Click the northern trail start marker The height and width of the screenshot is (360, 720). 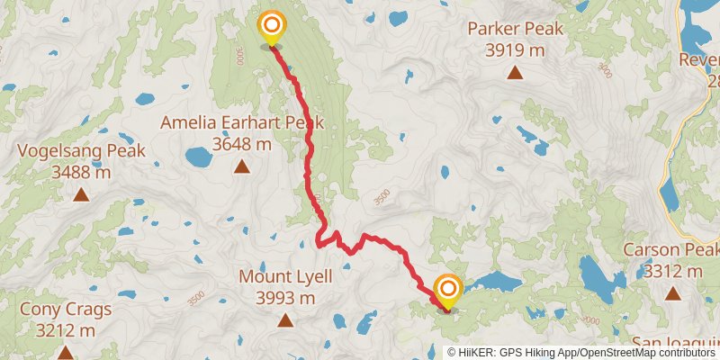click(x=271, y=27)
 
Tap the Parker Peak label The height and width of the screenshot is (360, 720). click(x=515, y=29)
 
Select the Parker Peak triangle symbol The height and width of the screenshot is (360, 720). click(x=515, y=73)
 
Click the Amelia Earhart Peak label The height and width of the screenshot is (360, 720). click(x=241, y=122)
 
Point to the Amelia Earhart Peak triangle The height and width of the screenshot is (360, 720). click(x=241, y=166)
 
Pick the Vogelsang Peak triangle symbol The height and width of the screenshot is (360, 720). click(x=81, y=194)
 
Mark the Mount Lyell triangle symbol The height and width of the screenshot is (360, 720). click(x=285, y=319)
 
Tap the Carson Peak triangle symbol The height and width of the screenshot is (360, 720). click(x=672, y=292)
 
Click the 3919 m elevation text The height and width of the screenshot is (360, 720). click(x=515, y=50)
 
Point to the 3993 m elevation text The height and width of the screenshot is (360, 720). click(x=285, y=298)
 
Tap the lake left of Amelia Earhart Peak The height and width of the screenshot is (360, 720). click(x=198, y=159)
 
